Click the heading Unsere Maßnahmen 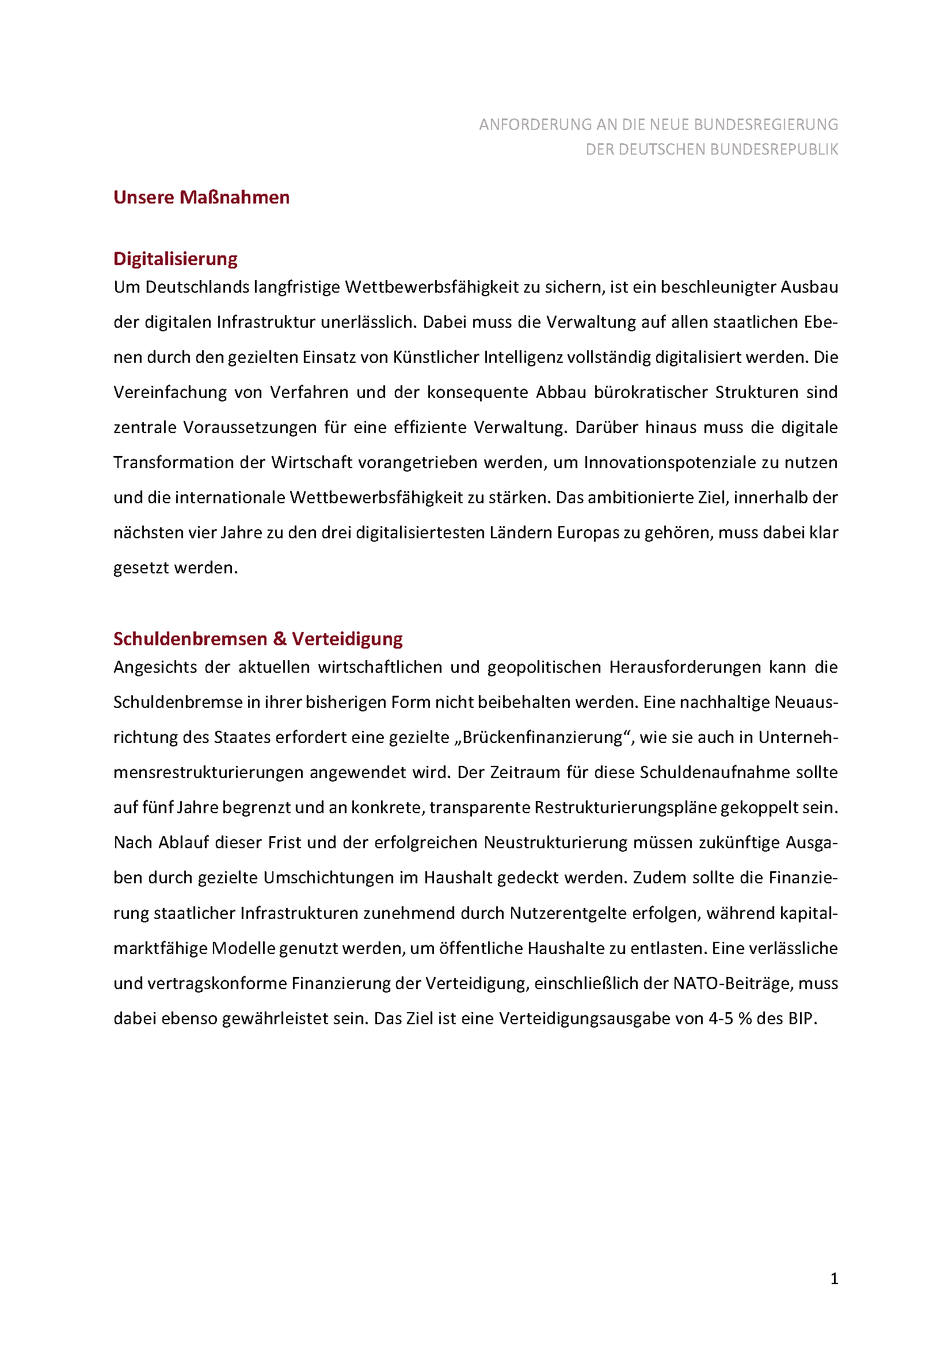click(201, 197)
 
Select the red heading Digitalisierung click(176, 259)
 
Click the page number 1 click(834, 1279)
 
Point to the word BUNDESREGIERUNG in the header click(766, 125)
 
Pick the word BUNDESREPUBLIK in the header click(774, 150)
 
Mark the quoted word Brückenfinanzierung click(542, 738)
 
